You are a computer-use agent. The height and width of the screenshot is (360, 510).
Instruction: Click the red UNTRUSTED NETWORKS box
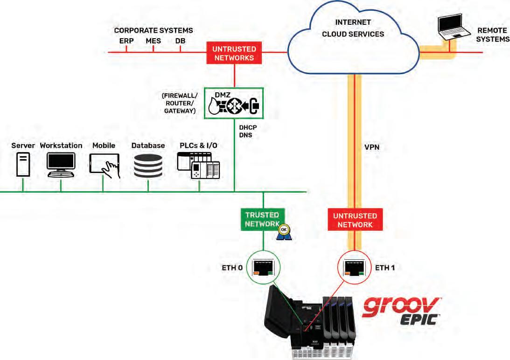tap(234, 53)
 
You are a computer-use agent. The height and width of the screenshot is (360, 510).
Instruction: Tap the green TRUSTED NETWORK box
tap(263, 220)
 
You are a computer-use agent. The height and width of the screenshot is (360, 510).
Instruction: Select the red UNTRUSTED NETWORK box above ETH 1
tap(355, 220)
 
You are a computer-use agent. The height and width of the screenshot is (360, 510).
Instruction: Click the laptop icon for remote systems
tap(454, 27)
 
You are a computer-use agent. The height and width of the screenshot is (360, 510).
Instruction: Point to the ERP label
tap(126, 41)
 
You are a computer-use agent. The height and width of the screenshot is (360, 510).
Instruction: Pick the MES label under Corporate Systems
tap(153, 41)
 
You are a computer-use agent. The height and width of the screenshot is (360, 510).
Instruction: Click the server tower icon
tap(23, 165)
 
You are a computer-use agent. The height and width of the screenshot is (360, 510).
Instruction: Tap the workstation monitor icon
tap(61, 165)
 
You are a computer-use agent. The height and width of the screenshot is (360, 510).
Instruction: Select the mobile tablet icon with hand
tap(105, 166)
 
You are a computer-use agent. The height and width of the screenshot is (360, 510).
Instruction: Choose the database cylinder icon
tap(148, 166)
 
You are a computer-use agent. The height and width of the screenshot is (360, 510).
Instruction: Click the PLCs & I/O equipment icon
tap(198, 166)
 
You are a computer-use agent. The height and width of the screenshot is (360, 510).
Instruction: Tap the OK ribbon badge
tap(284, 232)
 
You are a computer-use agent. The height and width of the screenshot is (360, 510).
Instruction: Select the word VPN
tap(372, 147)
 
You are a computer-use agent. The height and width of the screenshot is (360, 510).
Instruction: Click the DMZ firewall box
tap(233, 103)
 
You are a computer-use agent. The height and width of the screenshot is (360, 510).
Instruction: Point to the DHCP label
tap(248, 127)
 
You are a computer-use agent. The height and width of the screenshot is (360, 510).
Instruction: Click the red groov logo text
tap(401, 307)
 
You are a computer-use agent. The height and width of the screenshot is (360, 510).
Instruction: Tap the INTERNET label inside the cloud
tap(353, 22)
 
